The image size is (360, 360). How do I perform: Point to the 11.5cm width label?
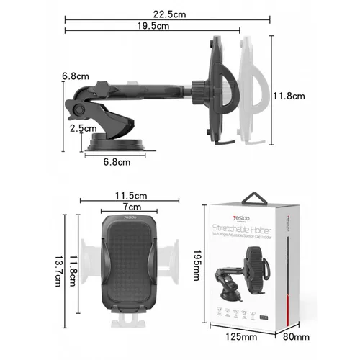[131, 196]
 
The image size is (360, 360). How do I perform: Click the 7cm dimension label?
[130, 207]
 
